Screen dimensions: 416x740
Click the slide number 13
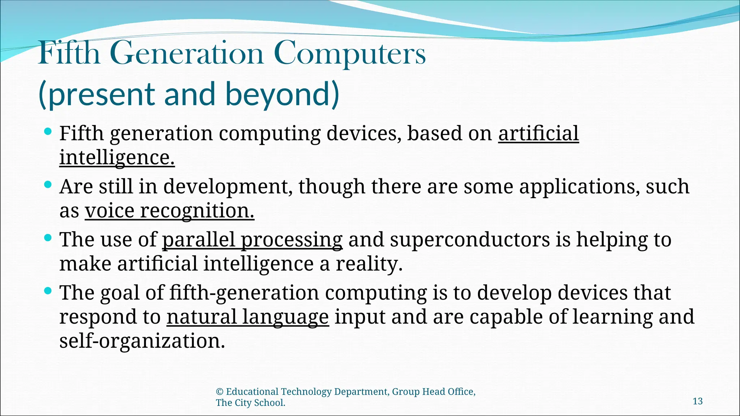coord(697,401)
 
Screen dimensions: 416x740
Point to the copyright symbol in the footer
coord(219,392)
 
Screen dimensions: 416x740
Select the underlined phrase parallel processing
coord(252,239)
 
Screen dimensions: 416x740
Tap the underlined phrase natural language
coord(248,317)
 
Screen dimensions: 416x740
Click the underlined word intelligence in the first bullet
coord(117,157)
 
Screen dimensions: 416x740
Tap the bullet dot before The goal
coord(48,291)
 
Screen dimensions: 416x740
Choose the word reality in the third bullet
coord(369,264)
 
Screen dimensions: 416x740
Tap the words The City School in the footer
coord(250,403)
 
